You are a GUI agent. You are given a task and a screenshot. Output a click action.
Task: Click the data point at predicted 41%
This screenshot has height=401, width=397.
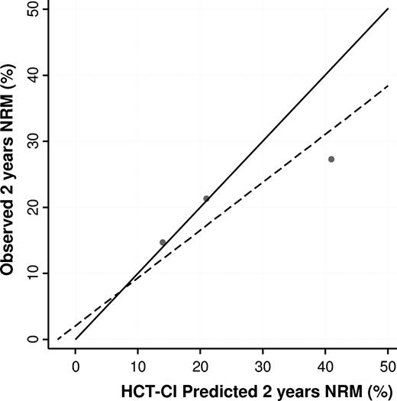click(331, 159)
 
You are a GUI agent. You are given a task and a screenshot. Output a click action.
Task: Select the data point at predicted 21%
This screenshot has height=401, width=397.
click(206, 199)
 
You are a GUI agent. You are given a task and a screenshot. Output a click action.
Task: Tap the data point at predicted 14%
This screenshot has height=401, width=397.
click(163, 242)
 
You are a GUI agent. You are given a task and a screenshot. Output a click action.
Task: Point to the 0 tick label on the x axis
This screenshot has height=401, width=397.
click(76, 365)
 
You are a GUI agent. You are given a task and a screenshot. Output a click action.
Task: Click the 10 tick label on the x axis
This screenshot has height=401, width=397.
click(137, 365)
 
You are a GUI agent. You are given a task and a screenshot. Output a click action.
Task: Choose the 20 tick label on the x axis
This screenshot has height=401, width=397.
click(200, 365)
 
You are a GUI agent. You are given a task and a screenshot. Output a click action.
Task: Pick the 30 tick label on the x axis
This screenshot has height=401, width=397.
click(263, 365)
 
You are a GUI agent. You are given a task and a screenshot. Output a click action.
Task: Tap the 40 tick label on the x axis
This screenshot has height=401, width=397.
click(325, 365)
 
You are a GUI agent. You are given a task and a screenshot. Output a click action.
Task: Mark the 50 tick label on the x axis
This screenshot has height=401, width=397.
click(387, 365)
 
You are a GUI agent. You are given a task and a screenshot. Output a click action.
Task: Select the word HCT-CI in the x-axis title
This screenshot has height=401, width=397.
click(146, 390)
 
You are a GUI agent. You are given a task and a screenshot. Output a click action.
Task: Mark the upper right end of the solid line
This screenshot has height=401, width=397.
click(388, 9)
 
